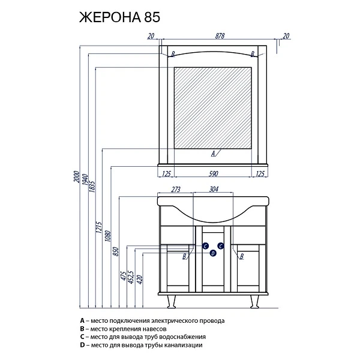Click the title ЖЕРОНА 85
(119, 17)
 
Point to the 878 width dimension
(220, 36)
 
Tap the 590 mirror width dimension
(213, 174)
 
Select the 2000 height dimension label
(77, 177)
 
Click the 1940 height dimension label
(85, 180)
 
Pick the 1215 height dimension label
(99, 227)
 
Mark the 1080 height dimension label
(107, 236)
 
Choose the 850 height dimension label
(116, 251)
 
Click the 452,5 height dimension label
(131, 277)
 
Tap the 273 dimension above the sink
(176, 190)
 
